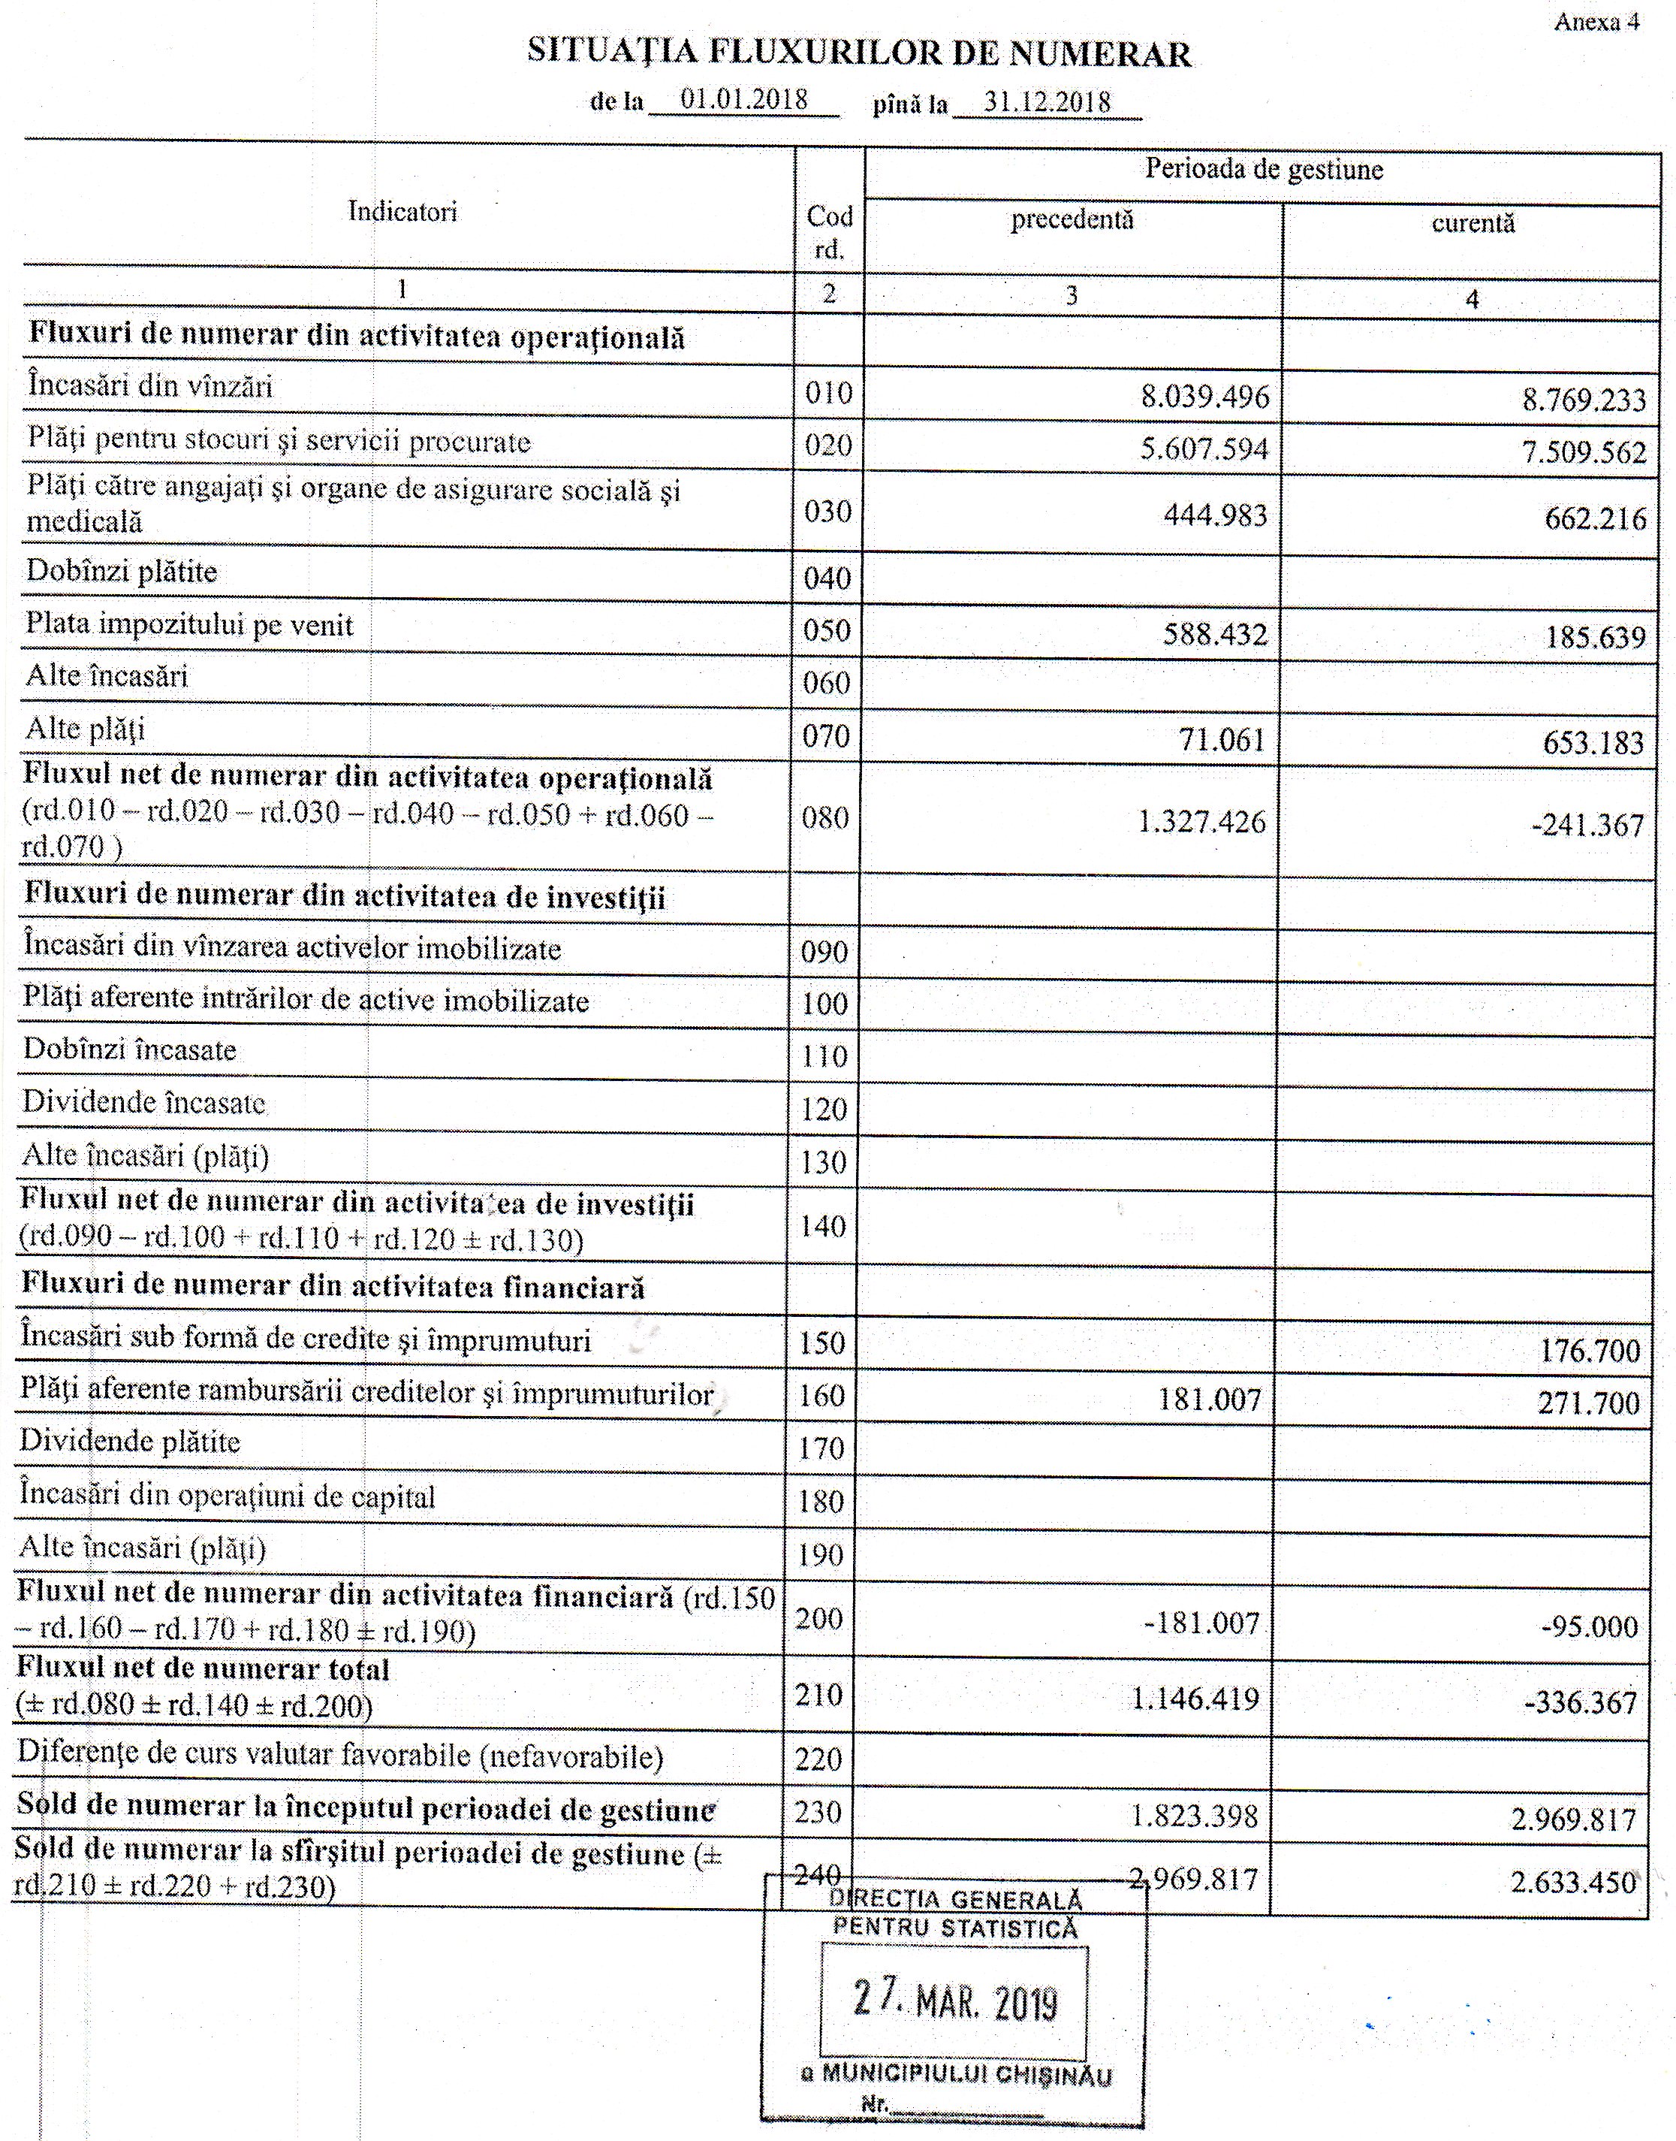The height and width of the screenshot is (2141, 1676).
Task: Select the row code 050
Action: (x=826, y=630)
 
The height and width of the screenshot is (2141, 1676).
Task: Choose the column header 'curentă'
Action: (x=1472, y=224)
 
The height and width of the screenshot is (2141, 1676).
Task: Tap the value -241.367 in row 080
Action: (x=1587, y=826)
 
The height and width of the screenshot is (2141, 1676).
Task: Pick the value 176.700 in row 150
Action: (x=1590, y=1351)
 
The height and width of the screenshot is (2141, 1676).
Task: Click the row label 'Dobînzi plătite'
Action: (x=122, y=572)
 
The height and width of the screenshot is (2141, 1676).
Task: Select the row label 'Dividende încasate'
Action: (x=143, y=1102)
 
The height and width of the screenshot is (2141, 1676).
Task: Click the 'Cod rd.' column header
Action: (x=829, y=231)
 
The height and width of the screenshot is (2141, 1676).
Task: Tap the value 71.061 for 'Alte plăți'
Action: (x=1222, y=739)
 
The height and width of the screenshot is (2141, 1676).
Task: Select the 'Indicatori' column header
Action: (x=402, y=212)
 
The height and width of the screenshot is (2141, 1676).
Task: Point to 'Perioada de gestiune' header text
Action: (x=1263, y=170)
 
